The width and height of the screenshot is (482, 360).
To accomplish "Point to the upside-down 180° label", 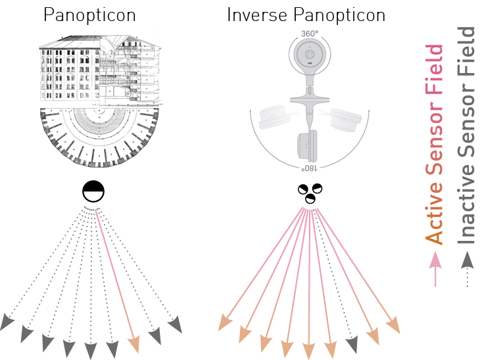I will [307, 168].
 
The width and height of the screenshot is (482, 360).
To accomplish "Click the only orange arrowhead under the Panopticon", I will [134, 344].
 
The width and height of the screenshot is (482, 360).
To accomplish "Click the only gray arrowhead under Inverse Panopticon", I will [352, 342].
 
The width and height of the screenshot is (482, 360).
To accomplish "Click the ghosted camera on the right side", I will [345, 119].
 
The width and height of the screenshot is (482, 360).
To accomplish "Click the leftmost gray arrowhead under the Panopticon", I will [7, 322].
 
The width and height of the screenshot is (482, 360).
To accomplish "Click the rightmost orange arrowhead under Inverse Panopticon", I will [393, 324].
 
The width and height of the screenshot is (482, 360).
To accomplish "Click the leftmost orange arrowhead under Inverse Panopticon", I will [224, 322].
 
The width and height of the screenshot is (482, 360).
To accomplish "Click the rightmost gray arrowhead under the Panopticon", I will [175, 324].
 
